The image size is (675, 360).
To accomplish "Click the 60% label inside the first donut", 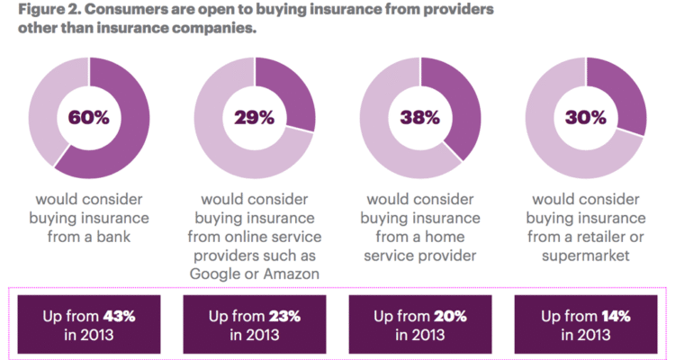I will tap(88, 117).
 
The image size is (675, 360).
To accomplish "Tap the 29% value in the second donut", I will tap(255, 117).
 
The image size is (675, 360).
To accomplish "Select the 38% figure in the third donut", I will tap(419, 117).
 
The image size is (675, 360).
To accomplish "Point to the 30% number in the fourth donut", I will tap(585, 117).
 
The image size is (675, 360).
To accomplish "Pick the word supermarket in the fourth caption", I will tap(585, 256).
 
